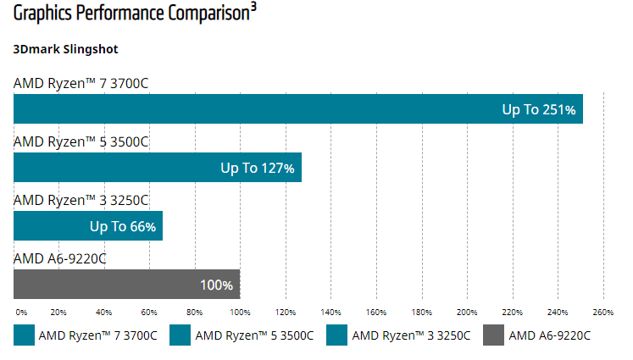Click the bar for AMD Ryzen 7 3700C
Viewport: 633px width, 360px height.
point(254,109)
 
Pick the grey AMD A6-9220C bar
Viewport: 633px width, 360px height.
point(102,285)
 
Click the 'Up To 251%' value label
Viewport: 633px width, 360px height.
point(539,109)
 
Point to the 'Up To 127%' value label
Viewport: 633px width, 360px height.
point(258,168)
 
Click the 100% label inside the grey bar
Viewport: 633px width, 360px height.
point(216,285)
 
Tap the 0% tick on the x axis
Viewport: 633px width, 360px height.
point(21,312)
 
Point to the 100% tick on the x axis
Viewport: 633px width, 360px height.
point(241,312)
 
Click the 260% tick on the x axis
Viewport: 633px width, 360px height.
point(603,312)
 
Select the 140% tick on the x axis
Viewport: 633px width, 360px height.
point(331,312)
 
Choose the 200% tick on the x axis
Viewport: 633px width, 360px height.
point(467,312)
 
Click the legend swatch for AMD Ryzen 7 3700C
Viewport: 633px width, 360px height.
point(24,335)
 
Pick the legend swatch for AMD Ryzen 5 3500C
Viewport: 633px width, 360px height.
point(180,335)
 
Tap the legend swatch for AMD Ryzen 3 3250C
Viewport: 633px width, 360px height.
point(337,335)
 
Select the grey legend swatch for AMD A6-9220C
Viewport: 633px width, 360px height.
point(493,335)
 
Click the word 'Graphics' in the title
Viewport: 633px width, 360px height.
point(47,15)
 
